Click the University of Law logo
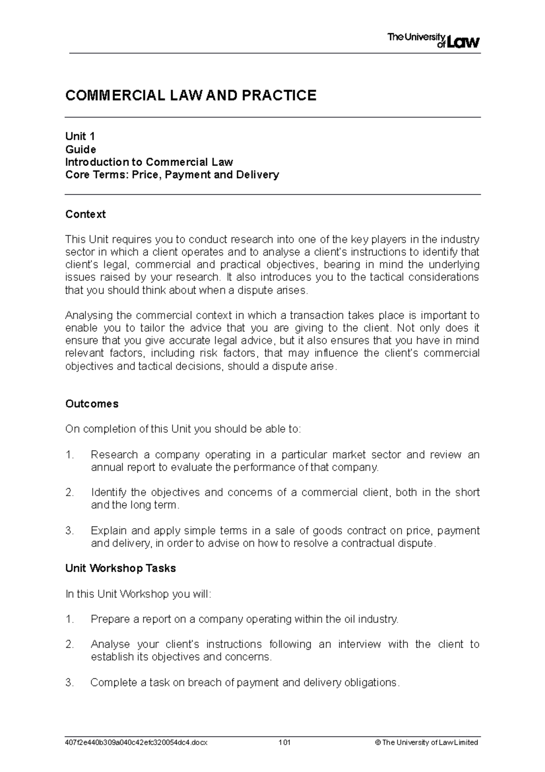[x=433, y=41]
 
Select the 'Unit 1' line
[x=80, y=136]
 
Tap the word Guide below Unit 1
[x=80, y=149]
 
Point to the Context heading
[x=85, y=214]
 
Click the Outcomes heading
[x=92, y=404]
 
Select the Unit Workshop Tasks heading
[x=120, y=568]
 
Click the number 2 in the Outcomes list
[x=69, y=492]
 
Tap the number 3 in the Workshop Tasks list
[x=69, y=682]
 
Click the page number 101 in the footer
[x=285, y=742]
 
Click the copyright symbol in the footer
[x=377, y=742]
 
